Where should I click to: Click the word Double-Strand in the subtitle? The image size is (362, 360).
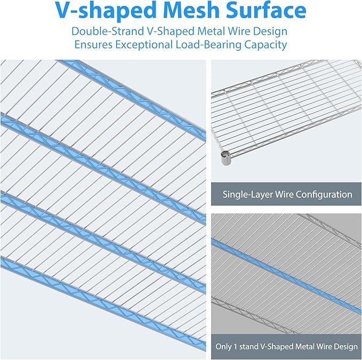[x=107, y=31]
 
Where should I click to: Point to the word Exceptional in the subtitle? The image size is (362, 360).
[x=146, y=45]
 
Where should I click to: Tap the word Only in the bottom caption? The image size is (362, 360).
[x=224, y=347]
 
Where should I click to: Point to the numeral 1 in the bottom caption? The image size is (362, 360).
[x=237, y=347]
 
